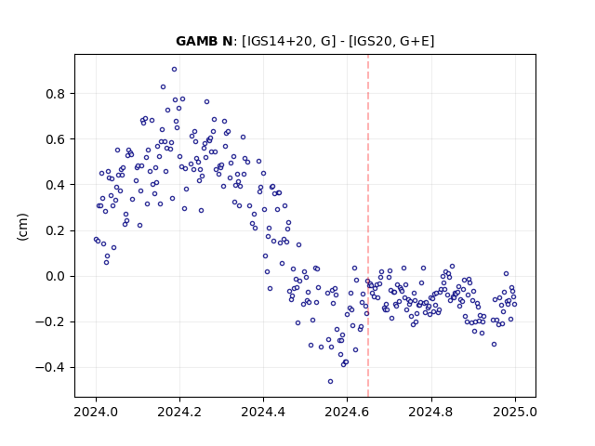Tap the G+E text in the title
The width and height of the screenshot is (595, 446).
(x=416, y=41)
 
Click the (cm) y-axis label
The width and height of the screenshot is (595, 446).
(x=22, y=227)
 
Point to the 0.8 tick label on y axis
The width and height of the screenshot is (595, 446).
(x=55, y=94)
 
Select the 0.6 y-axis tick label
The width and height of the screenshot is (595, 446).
(x=55, y=139)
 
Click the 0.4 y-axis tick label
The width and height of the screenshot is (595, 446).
(x=55, y=185)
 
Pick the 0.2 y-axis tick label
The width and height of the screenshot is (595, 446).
(x=55, y=230)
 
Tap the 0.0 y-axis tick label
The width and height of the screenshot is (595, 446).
(x=55, y=276)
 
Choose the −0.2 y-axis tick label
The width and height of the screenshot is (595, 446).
(x=50, y=322)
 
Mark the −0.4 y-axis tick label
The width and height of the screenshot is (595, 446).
(x=50, y=368)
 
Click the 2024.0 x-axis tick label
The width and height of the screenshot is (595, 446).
(x=96, y=412)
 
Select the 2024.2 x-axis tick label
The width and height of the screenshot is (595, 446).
(x=179, y=412)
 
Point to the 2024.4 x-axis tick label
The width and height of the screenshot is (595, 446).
(x=263, y=412)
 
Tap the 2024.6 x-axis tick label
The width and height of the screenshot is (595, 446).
(x=347, y=412)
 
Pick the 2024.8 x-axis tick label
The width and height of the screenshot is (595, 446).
(x=431, y=412)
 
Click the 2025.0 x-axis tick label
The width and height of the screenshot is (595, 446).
(x=515, y=412)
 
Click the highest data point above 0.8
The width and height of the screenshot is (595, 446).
(x=174, y=70)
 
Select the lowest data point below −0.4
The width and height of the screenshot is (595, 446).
(x=331, y=382)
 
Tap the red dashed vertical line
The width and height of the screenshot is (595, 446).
(x=368, y=226)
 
